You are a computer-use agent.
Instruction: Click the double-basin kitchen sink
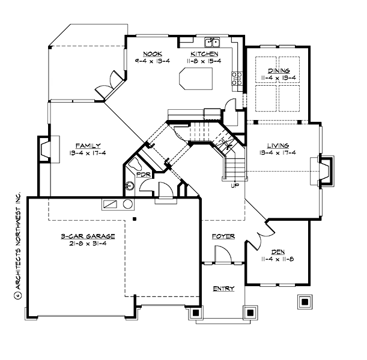(211, 42)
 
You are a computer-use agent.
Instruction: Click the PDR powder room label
(143, 175)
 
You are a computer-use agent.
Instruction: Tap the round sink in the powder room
(129, 187)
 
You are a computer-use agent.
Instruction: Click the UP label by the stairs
(235, 185)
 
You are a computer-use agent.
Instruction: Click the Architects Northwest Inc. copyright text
(17, 246)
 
